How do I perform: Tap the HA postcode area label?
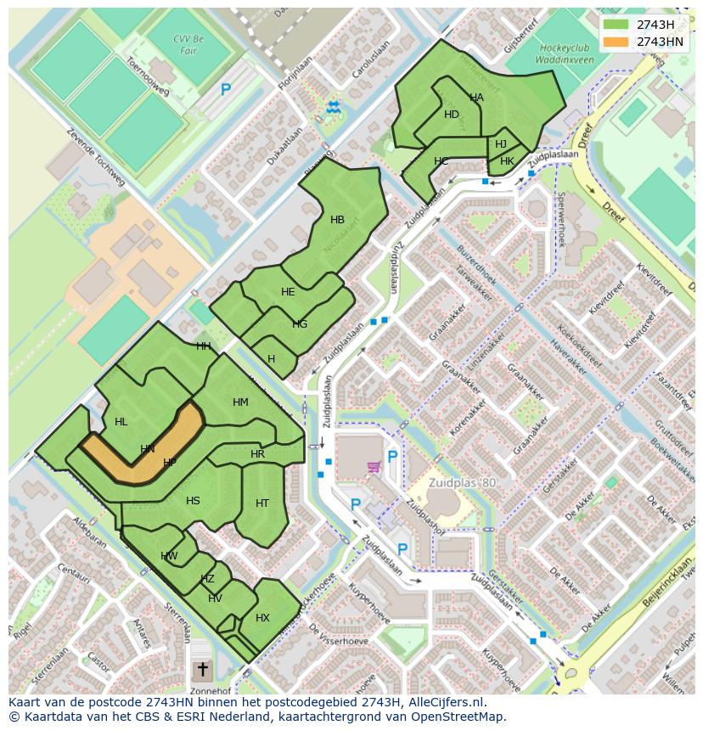[x=476, y=98]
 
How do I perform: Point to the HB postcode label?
[x=337, y=220]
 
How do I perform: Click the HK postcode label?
[x=507, y=161]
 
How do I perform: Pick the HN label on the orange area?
[x=148, y=448]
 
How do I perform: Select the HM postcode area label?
[x=240, y=402]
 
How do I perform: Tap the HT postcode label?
[x=262, y=503]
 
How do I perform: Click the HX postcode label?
[x=262, y=618]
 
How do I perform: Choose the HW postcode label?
[x=169, y=556]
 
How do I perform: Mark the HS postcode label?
[x=193, y=501]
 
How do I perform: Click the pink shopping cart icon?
[x=373, y=466]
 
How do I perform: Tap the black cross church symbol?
[x=202, y=670]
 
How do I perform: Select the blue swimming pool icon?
[x=333, y=106]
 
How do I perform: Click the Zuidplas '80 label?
[x=462, y=483]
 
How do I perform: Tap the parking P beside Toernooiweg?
[x=226, y=89]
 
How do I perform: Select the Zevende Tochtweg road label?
[x=95, y=157]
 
